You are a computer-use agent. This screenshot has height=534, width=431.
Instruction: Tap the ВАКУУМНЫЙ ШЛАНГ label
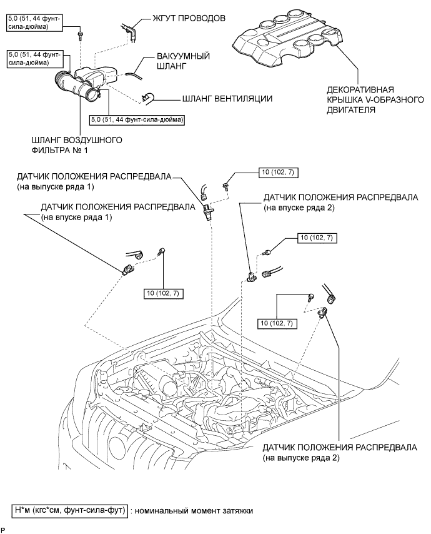[183, 61]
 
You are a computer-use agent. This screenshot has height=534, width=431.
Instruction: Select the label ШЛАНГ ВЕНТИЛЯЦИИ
[227, 99]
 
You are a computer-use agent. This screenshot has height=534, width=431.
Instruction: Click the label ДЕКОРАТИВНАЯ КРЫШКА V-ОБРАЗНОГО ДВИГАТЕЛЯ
[375, 100]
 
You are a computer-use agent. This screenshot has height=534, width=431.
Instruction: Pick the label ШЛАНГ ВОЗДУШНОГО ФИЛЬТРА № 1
[77, 145]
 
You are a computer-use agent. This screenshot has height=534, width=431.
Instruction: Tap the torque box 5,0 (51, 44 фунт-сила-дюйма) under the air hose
[137, 120]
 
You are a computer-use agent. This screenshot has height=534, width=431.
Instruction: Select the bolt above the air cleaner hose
[81, 35]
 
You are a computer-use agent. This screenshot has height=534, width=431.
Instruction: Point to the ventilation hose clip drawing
[147, 98]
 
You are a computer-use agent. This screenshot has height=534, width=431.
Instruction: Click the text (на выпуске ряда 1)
[56, 186]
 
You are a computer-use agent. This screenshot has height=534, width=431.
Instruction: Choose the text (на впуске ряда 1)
[76, 217]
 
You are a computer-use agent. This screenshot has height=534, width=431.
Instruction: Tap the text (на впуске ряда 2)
[299, 208]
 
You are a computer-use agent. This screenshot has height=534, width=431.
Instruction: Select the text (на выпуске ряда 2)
[301, 458]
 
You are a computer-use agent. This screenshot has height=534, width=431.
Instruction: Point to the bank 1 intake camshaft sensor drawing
[127, 269]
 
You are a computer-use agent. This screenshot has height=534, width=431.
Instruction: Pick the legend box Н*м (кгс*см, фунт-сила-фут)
[70, 511]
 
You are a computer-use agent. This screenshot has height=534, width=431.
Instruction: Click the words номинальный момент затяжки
[194, 511]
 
